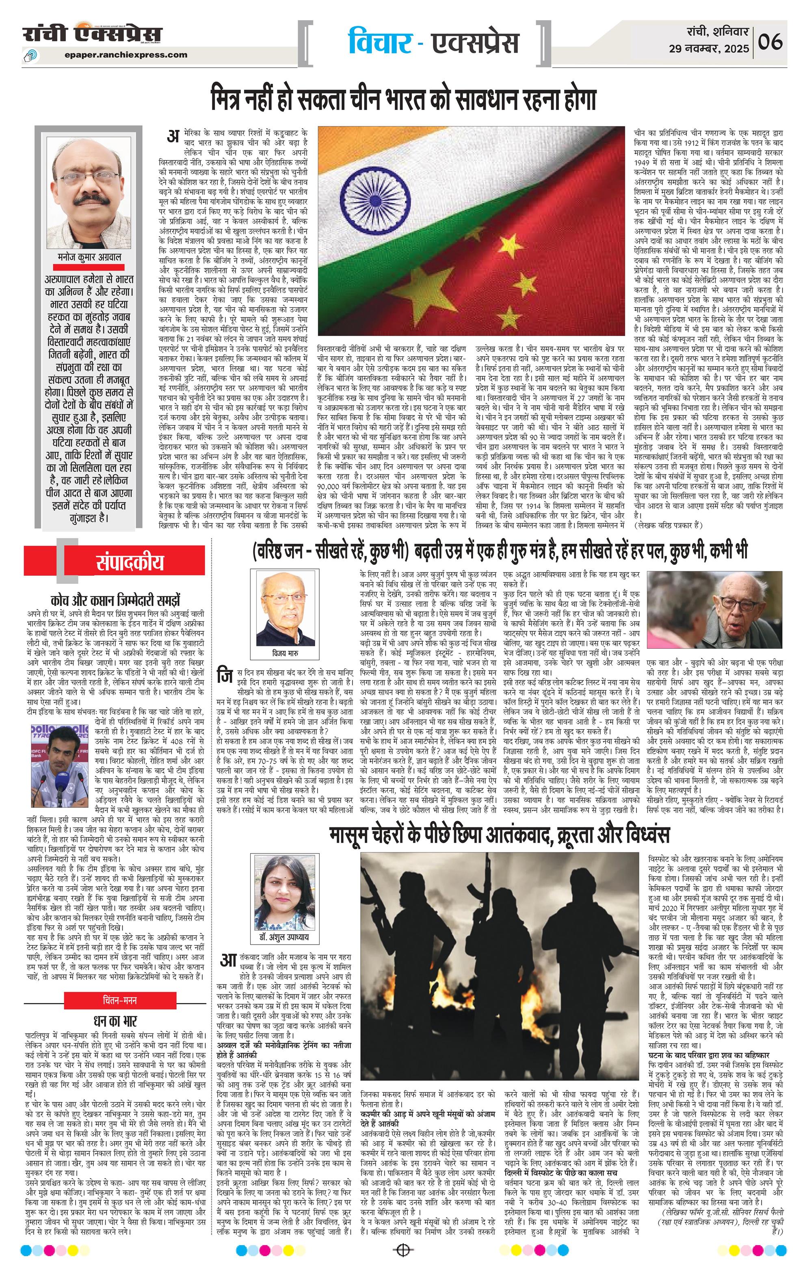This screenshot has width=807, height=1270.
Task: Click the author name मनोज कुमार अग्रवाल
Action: click(x=89, y=257)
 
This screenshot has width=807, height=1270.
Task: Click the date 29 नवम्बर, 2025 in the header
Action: click(x=709, y=49)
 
